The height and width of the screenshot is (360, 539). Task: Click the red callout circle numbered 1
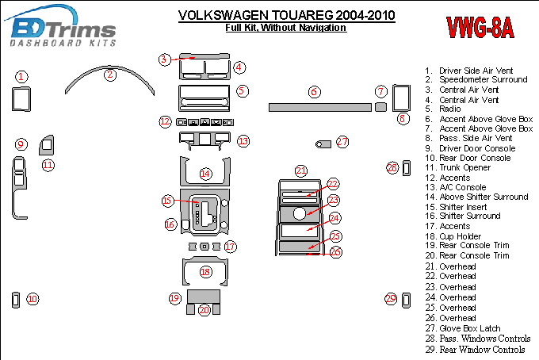[22, 77]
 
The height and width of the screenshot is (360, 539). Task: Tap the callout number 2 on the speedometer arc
[110, 75]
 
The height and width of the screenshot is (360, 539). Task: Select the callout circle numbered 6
[315, 92]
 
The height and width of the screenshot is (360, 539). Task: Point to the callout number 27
[342, 142]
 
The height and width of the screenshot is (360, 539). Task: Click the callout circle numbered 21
[301, 170]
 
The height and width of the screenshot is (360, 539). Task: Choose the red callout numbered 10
[32, 299]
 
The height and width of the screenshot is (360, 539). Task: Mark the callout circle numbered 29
[391, 299]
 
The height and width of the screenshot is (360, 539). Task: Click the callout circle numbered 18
[205, 272]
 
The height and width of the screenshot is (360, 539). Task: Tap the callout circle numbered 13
[243, 141]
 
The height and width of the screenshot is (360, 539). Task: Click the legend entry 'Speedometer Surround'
[483, 80]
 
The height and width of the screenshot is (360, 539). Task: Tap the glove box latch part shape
[323, 144]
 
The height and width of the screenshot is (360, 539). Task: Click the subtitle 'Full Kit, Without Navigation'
[285, 28]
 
